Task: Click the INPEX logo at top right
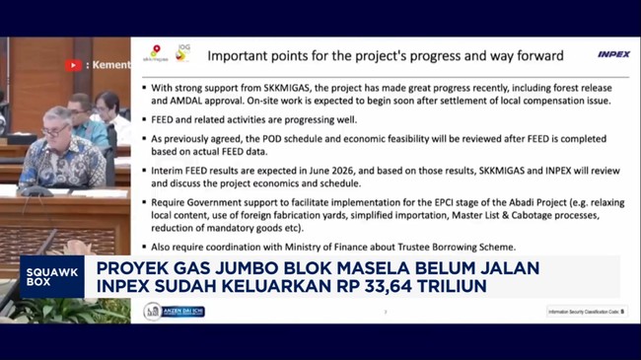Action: pyautogui.click(x=612, y=54)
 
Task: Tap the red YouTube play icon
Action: pyautogui.click(x=73, y=65)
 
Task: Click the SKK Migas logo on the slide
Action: pyautogui.click(x=156, y=53)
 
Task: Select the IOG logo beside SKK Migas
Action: pyautogui.click(x=182, y=50)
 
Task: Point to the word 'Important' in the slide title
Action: pyautogui.click(x=243, y=55)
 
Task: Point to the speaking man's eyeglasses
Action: pyautogui.click(x=58, y=122)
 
